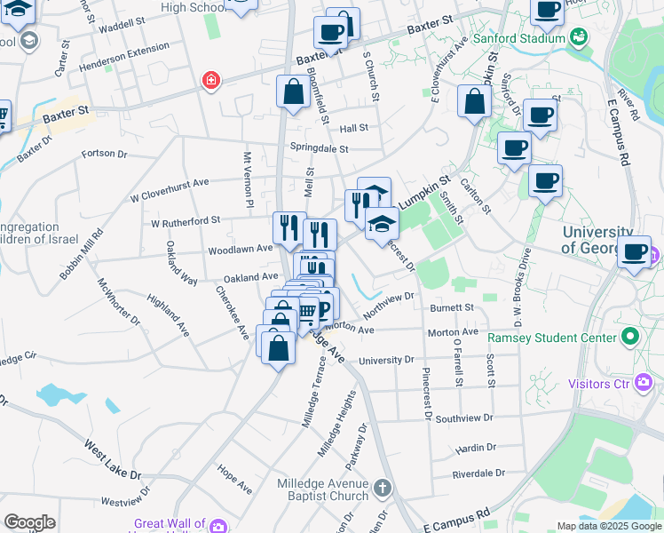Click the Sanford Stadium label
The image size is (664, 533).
coord(518,38)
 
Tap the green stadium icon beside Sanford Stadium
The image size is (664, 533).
coord(579,36)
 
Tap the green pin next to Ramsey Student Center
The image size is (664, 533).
coord(630,337)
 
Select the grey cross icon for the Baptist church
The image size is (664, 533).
coord(382,488)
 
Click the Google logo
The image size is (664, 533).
coord(29,521)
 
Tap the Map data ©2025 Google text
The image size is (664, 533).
coord(608,526)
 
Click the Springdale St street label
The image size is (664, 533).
coord(319,148)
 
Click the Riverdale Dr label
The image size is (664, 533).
coord(478,473)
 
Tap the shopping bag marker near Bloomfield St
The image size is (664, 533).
coord(293,92)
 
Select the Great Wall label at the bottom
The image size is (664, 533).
coord(169,524)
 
